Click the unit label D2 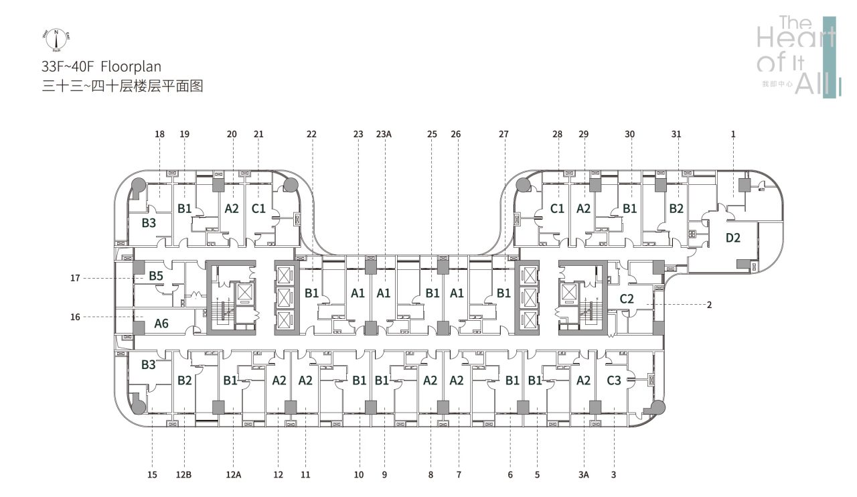pos(733,238)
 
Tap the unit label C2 pos(627,299)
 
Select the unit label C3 pos(614,380)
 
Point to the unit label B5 pos(156,275)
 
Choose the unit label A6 pos(161,324)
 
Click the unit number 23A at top pos(384,134)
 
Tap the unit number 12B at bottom pos(184,475)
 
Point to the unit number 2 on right pos(709,305)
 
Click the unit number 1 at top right pos(733,134)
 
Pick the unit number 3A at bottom pos(583,475)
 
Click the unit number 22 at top pos(311,134)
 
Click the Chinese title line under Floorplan pos(121,86)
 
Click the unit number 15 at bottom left pos(152,475)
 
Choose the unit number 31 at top pos(676,134)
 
